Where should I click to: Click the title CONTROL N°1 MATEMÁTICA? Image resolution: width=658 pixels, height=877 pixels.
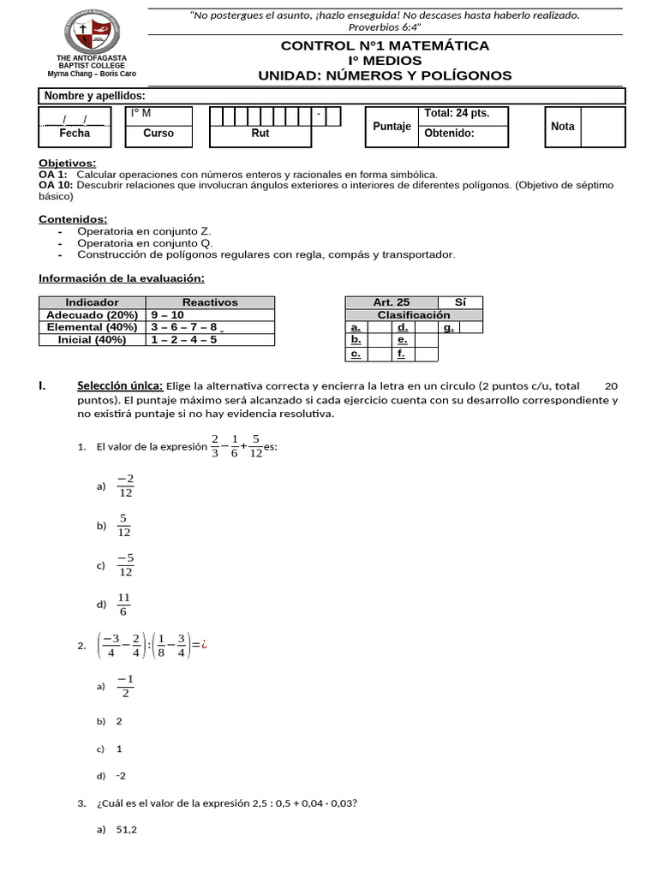pos(385,45)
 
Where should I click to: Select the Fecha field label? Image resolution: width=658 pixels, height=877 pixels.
pos(75,134)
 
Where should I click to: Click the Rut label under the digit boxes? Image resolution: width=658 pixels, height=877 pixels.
pos(260,134)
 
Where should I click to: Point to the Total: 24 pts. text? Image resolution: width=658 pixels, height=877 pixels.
pos(453,114)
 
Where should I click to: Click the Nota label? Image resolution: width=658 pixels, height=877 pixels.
pos(563,126)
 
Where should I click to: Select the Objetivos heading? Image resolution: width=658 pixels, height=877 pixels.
pos(68,163)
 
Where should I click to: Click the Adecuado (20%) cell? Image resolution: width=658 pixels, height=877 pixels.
pos(93,314)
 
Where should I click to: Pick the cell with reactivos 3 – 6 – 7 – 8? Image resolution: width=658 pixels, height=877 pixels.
pos(184,327)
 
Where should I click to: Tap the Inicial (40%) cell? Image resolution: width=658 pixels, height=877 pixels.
pos(93,339)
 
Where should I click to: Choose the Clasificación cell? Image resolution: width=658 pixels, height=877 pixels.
pos(414,314)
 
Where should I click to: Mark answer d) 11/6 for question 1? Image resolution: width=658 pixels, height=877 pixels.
pos(124,605)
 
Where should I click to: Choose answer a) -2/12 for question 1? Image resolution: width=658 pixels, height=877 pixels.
pos(125,486)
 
